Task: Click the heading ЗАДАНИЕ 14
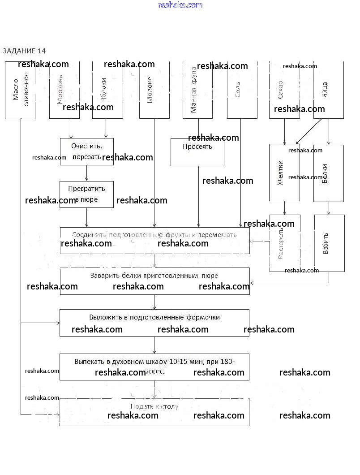[x=24, y=51]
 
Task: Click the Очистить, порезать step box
[x=87, y=151]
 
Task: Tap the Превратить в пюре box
[x=86, y=194]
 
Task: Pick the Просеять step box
[x=197, y=152]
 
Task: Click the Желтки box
[x=284, y=173]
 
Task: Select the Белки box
[x=329, y=173]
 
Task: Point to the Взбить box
[x=330, y=243]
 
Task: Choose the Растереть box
[x=285, y=243]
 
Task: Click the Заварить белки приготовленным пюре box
[x=154, y=281]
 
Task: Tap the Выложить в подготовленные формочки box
[x=154, y=323]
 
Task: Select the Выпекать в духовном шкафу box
[x=154, y=367]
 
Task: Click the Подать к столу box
[x=154, y=412]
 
